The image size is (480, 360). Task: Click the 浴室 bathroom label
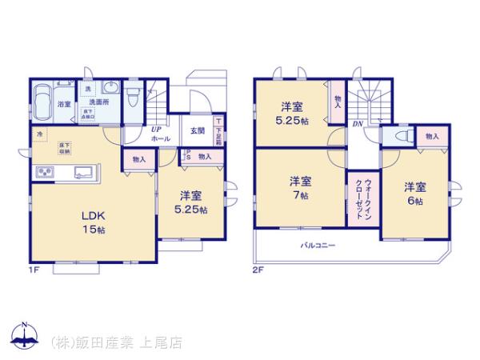point(62,104)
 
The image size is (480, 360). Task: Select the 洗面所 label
point(98,102)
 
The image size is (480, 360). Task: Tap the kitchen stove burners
point(42,172)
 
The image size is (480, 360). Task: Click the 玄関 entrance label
point(197,131)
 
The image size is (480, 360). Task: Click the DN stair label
point(358,125)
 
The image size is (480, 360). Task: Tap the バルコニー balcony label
point(318,245)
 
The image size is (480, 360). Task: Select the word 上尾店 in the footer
point(164,342)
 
